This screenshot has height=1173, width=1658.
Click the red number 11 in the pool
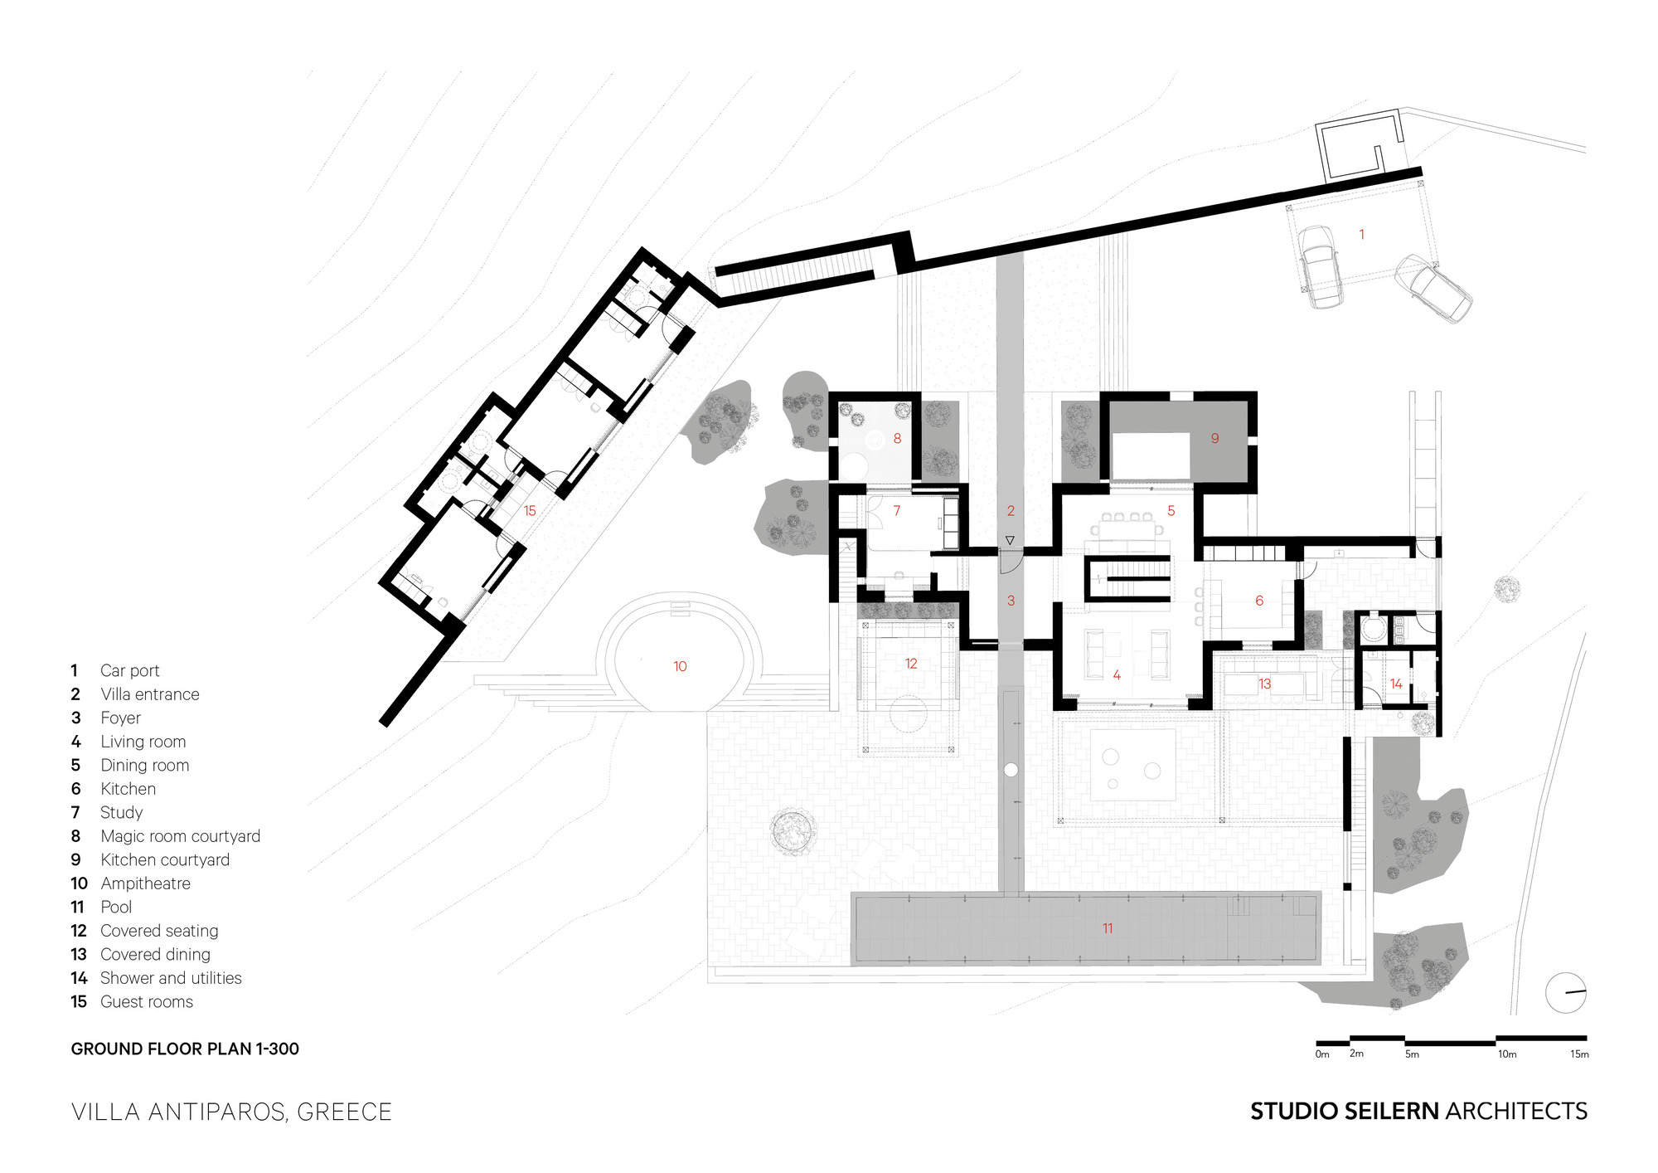pos(1108,928)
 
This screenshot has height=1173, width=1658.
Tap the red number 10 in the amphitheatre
pos(680,666)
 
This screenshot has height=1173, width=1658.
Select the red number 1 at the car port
pos(1361,235)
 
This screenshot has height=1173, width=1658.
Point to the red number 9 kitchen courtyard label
pos(1214,438)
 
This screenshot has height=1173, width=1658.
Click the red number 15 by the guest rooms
pos(530,511)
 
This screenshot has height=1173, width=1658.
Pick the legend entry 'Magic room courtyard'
pos(180,836)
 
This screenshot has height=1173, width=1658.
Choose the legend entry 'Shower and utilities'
pos(171,978)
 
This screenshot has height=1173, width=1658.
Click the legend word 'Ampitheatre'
pos(145,883)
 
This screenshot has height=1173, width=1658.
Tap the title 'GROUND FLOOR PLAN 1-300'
pos(185,1049)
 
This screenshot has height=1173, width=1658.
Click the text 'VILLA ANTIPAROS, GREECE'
pos(231,1112)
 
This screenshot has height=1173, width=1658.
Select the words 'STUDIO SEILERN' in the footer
pos(1344,1111)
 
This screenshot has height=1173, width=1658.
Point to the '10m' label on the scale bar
pos(1506,1054)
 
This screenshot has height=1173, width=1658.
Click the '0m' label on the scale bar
pos(1322,1054)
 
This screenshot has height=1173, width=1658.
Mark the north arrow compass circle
pos(1565,992)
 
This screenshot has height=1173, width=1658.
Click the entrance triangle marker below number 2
pos(1010,541)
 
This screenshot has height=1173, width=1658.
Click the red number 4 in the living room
pos(1117,675)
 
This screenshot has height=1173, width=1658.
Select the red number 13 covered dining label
pos(1264,684)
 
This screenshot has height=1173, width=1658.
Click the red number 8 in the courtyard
pos(897,438)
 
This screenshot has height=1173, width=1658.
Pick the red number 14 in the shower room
pos(1396,684)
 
